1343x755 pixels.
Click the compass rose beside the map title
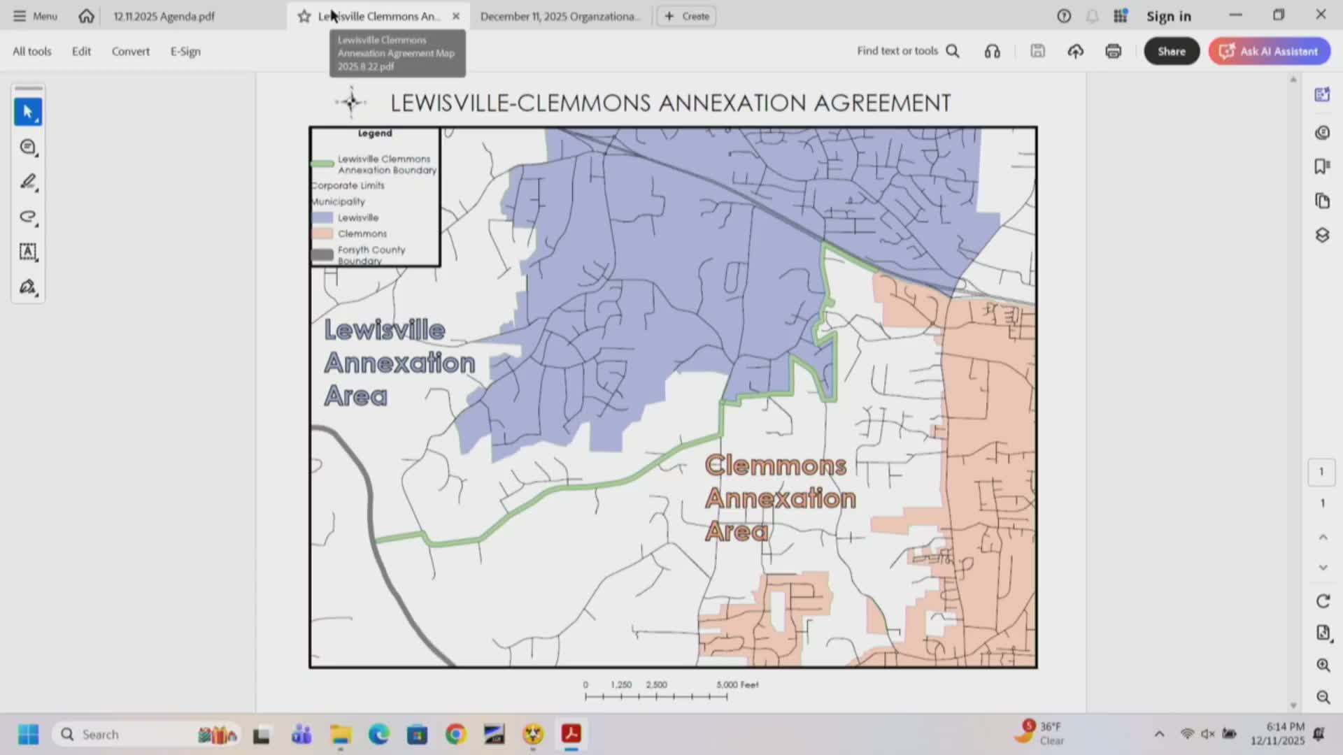pyautogui.click(x=351, y=103)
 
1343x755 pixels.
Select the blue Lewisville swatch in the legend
pyautogui.click(x=322, y=217)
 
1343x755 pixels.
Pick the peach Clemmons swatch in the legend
pyautogui.click(x=322, y=233)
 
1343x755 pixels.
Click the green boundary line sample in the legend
pyautogui.click(x=322, y=164)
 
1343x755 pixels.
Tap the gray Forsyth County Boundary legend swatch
pyautogui.click(x=322, y=254)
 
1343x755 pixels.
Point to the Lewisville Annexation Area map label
pyautogui.click(x=399, y=363)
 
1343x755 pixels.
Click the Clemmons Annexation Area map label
pyautogui.click(x=779, y=498)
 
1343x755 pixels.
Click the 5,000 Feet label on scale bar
pyautogui.click(x=737, y=684)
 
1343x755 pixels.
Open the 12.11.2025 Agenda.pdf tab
pyautogui.click(x=164, y=16)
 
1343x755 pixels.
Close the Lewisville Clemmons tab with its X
pyautogui.click(x=456, y=16)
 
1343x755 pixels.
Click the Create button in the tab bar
pyautogui.click(x=687, y=16)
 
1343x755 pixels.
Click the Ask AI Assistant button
pyautogui.click(x=1270, y=51)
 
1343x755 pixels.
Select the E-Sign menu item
pyautogui.click(x=185, y=51)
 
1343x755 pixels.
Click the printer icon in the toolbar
pyautogui.click(x=1113, y=51)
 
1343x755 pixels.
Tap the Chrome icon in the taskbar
pyautogui.click(x=455, y=734)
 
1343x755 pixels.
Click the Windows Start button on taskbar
pyautogui.click(x=29, y=734)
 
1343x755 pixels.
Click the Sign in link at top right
pyautogui.click(x=1168, y=16)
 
